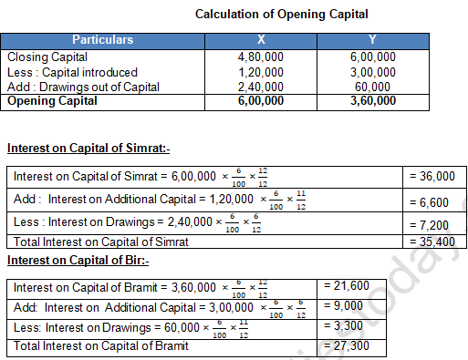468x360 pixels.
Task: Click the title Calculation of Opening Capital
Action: (x=282, y=15)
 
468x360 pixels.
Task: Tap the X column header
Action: (x=262, y=40)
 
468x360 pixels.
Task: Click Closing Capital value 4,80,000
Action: (x=262, y=57)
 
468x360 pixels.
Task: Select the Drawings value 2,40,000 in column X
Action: (x=262, y=87)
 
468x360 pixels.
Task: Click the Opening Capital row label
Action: (x=53, y=101)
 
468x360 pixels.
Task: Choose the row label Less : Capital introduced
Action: (x=71, y=72)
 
